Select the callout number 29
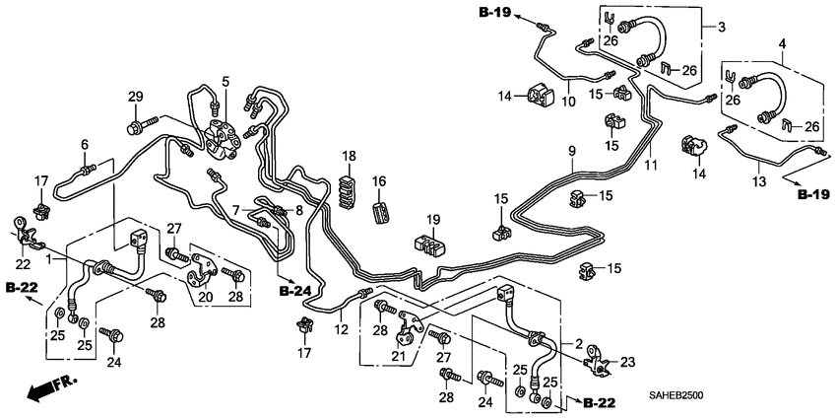[136, 96]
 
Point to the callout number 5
[225, 81]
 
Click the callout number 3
[721, 25]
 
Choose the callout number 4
[782, 43]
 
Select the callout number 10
[568, 102]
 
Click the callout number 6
[85, 144]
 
